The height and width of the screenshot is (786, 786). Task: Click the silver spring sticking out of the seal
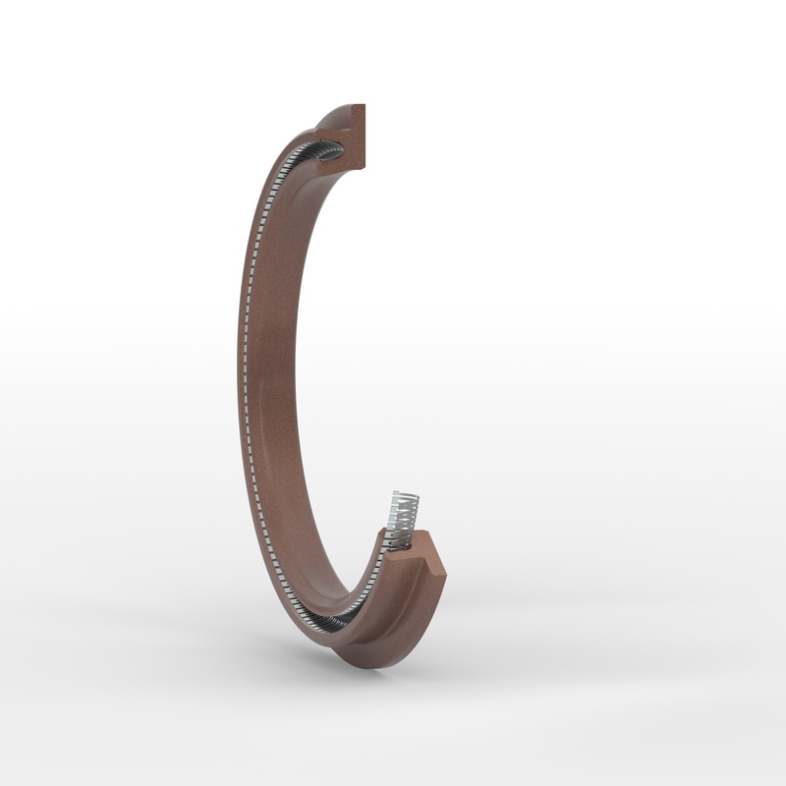[x=404, y=511]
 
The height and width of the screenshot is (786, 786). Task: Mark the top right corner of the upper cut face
[x=365, y=106]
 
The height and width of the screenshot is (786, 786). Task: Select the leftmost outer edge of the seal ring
[x=238, y=373]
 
